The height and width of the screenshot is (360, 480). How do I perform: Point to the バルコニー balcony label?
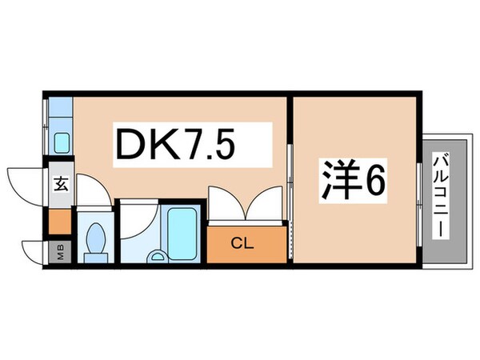(441, 195)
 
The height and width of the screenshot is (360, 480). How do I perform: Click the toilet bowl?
(96, 238)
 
